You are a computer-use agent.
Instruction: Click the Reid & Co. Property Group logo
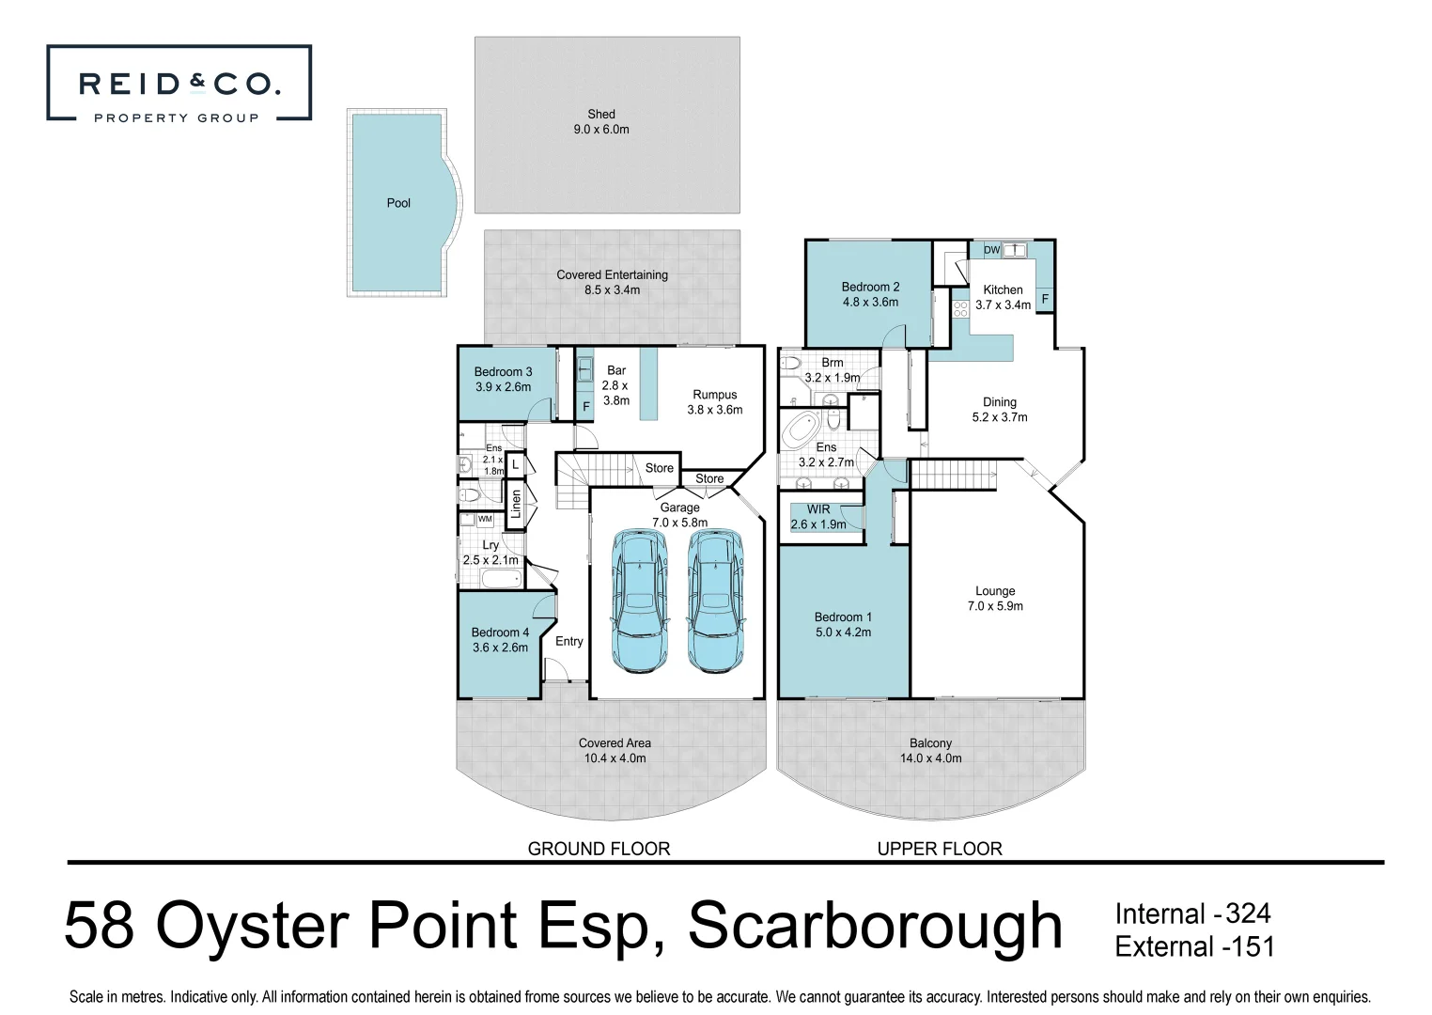179,84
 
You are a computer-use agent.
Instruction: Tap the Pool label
398,203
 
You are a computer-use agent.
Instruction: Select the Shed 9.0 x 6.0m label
601,122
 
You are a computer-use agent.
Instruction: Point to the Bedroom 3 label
503,380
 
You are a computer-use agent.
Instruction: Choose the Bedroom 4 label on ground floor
500,640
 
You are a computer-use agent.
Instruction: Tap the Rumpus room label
715,402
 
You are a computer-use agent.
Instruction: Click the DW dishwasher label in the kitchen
992,250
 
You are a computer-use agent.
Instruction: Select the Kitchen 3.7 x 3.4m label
1003,297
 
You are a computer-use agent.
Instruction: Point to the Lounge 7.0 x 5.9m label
995,599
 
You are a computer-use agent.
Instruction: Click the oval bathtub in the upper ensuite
802,429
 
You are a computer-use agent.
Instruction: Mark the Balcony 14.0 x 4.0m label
930,750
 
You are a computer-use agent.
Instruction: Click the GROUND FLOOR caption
599,849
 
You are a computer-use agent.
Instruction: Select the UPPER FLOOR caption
940,849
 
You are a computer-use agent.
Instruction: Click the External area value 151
1251,946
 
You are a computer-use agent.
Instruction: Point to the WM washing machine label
485,519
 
